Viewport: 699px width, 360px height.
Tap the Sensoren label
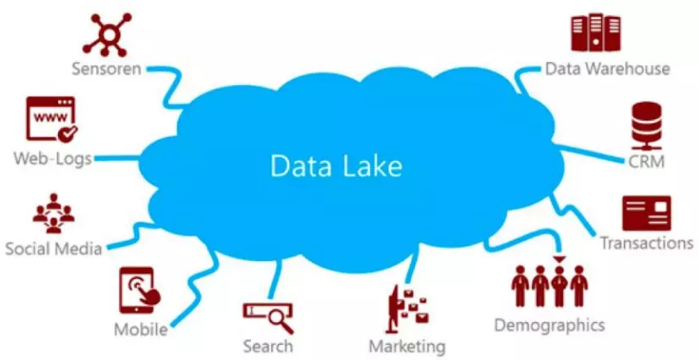106,68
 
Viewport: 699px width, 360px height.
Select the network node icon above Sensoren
108,34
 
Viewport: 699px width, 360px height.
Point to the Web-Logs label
53,158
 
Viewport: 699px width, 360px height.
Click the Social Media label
54,249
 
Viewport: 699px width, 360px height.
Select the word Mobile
140,329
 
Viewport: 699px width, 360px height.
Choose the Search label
268,345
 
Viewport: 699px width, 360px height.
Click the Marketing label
407,345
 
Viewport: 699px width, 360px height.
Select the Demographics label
549,325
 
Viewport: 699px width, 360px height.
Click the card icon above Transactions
647,213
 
